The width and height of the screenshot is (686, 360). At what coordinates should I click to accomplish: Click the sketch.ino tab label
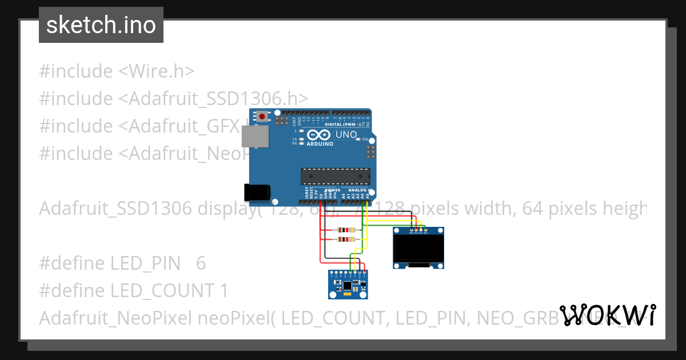(101, 25)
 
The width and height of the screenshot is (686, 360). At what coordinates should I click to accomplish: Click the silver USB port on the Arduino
(254, 138)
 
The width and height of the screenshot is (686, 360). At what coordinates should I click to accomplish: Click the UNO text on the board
(346, 135)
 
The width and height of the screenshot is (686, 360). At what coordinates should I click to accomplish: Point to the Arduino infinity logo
(318, 135)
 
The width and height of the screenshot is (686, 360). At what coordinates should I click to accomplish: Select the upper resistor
(346, 230)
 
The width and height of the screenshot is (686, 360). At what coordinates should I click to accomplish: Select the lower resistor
(346, 239)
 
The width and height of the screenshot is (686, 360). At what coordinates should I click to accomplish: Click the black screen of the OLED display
(419, 246)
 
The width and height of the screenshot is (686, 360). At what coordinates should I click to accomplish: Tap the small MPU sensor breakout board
(348, 284)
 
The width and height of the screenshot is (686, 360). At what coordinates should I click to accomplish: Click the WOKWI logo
(608, 315)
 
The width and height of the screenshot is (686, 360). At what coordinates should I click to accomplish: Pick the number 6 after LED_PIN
(201, 263)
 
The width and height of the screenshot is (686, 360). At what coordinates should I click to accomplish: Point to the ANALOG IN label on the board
(360, 190)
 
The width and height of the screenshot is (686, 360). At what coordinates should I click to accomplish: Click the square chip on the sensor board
(347, 284)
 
